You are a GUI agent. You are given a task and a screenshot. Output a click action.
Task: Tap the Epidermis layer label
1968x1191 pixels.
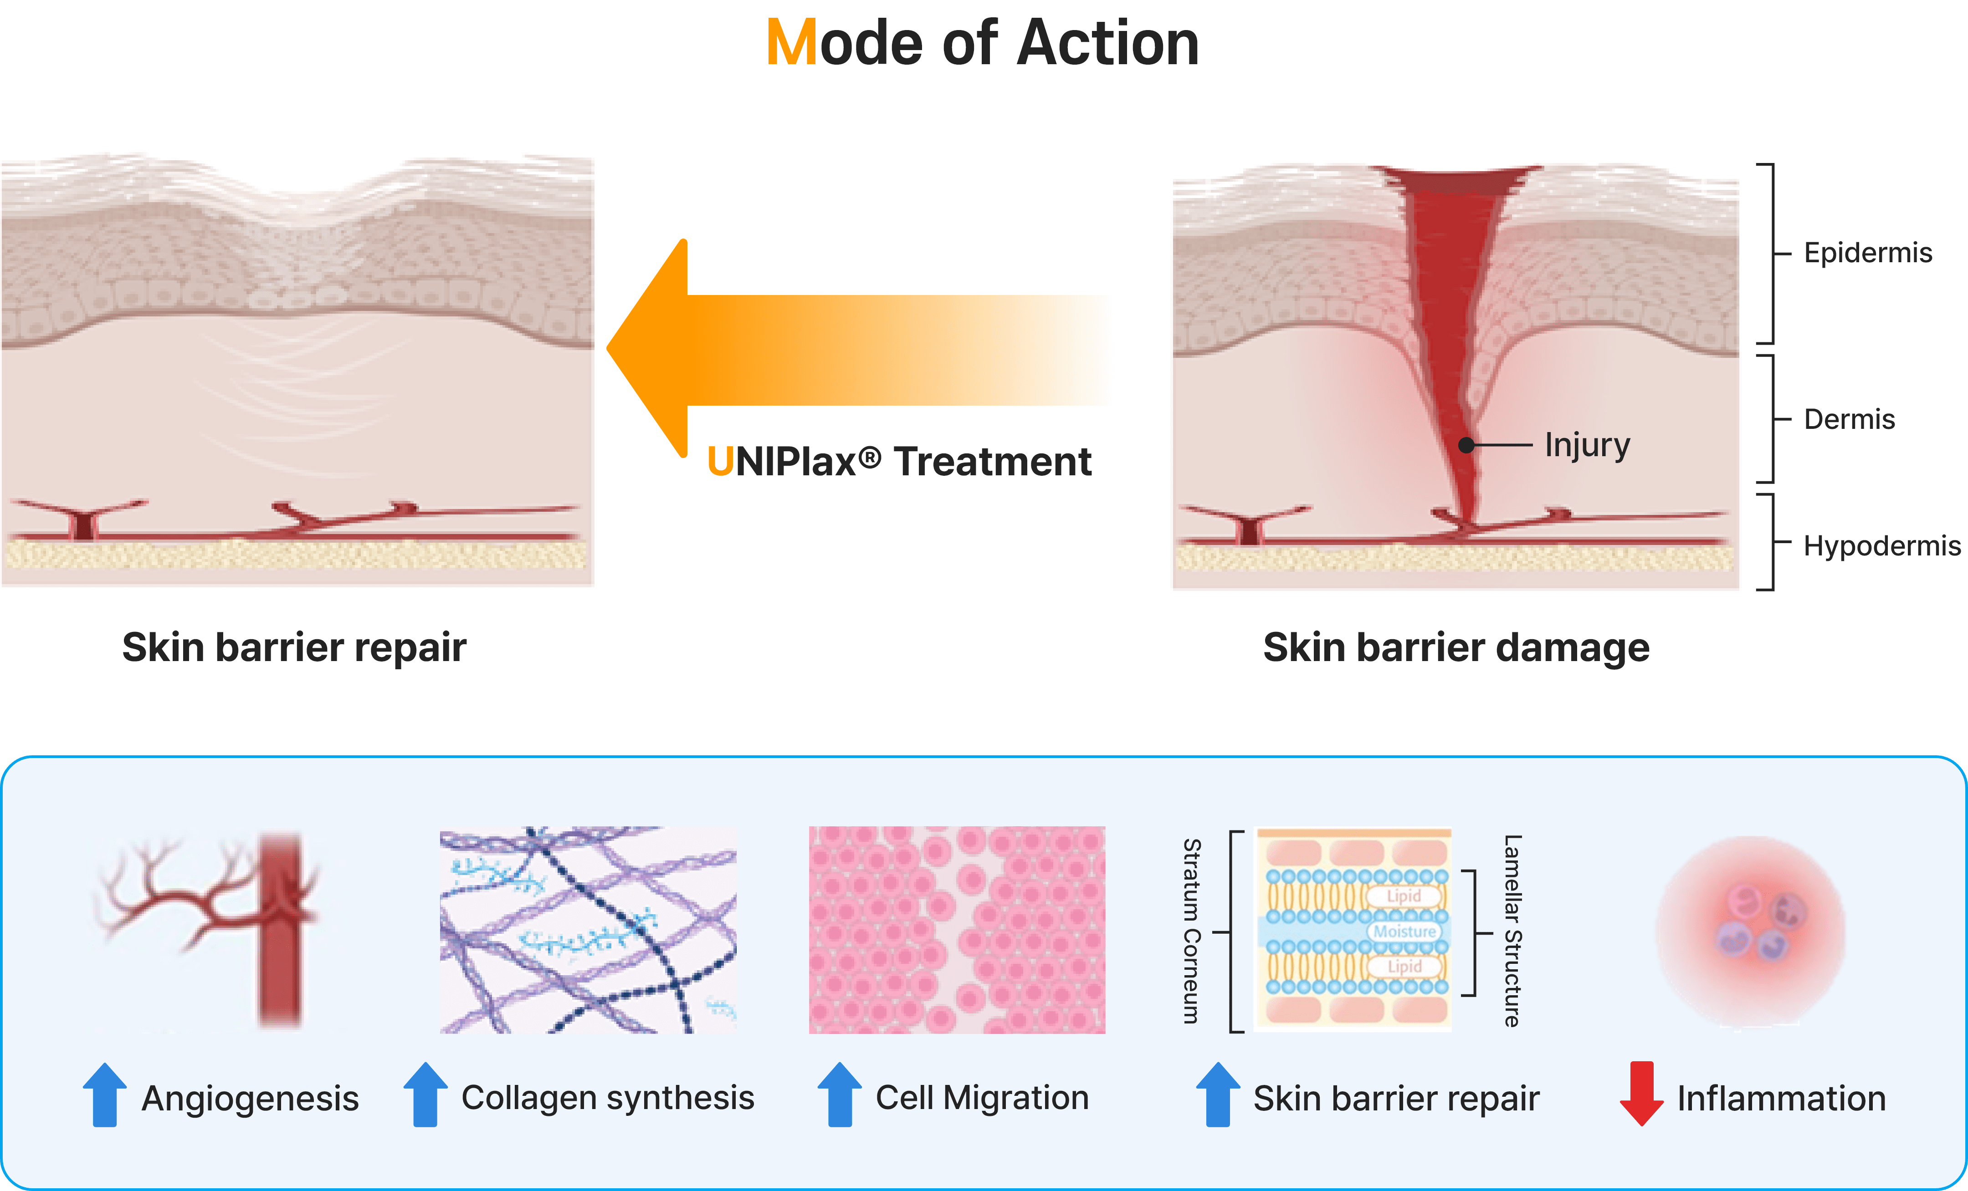point(1867,253)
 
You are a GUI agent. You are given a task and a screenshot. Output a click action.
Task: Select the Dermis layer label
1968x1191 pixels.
point(1849,419)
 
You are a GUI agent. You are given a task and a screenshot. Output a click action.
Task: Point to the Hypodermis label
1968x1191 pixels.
point(1881,546)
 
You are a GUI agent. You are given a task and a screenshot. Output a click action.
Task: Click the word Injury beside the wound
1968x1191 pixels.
point(1587,445)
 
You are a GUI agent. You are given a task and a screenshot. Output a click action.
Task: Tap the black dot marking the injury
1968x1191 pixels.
point(1466,445)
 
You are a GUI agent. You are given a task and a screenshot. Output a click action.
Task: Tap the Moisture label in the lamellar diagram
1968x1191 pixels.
point(1404,931)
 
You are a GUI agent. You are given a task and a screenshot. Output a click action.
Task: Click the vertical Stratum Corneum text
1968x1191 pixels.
point(1192,931)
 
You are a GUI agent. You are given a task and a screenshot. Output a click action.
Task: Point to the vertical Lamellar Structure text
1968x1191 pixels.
point(1512,931)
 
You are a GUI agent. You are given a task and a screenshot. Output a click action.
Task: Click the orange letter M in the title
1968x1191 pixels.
point(791,43)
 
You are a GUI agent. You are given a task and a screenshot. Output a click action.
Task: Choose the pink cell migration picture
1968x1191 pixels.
point(957,930)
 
